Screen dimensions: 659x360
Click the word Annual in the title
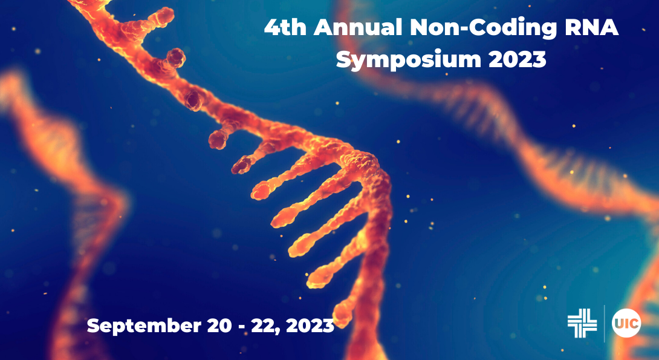[x=359, y=28]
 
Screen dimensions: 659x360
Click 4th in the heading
[x=286, y=28]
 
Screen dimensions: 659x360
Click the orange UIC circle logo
[x=626, y=323]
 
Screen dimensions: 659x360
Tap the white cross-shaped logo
[x=582, y=323]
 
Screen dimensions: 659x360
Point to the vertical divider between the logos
[x=605, y=323]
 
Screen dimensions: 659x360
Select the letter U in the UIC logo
[x=620, y=324]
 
